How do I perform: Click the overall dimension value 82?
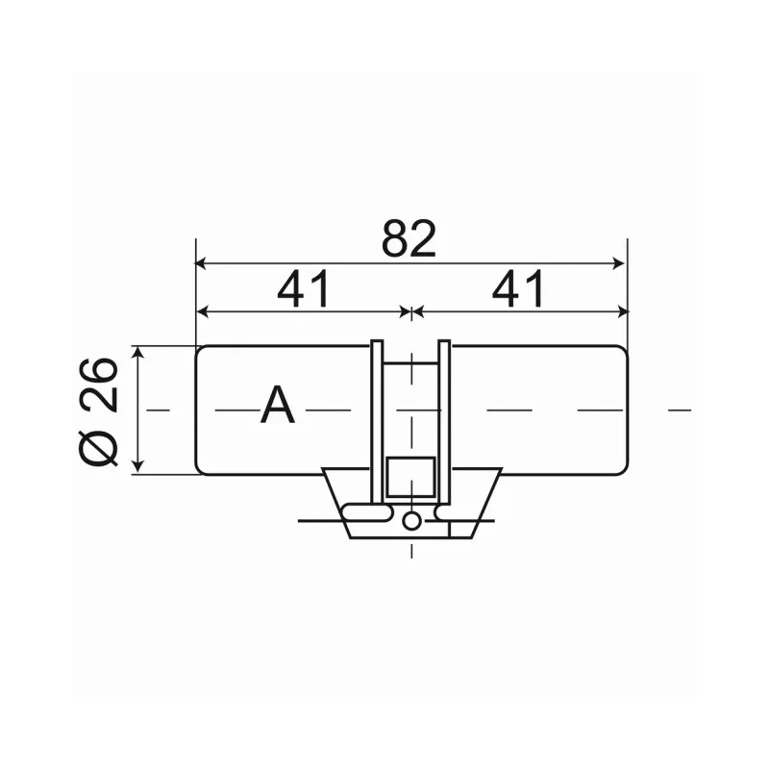[409, 238]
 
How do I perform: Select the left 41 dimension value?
[303, 289]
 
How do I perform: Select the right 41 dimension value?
[519, 289]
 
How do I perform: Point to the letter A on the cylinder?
[278, 407]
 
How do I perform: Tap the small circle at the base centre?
[411, 521]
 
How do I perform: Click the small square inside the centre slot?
[411, 478]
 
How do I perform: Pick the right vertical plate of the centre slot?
[444, 413]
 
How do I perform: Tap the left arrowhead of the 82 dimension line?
[202, 262]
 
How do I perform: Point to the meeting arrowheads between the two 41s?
[411, 311]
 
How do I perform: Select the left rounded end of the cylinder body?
[197, 410]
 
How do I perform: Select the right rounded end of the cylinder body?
[625, 410]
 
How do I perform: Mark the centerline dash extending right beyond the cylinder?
[681, 410]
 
